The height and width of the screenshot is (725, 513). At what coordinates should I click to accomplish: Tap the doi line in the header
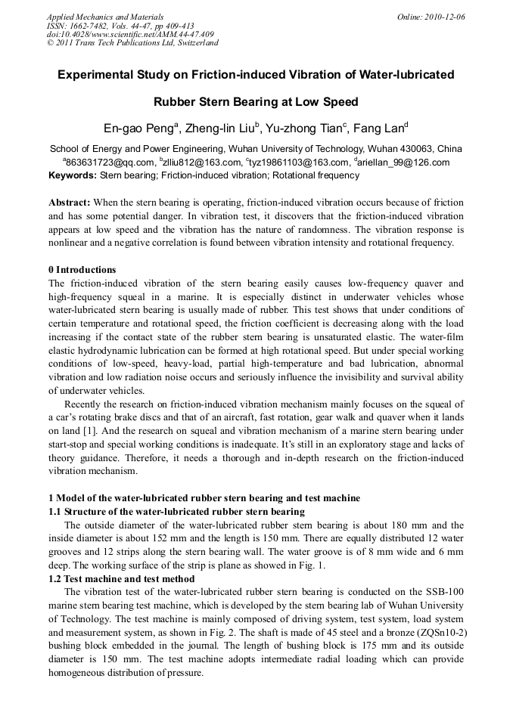tap(130, 34)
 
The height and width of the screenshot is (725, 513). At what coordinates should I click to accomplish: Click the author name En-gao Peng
tap(138, 126)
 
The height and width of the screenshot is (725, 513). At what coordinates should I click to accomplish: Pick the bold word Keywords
tap(73, 175)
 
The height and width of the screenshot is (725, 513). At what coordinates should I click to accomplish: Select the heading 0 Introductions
tap(82, 270)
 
